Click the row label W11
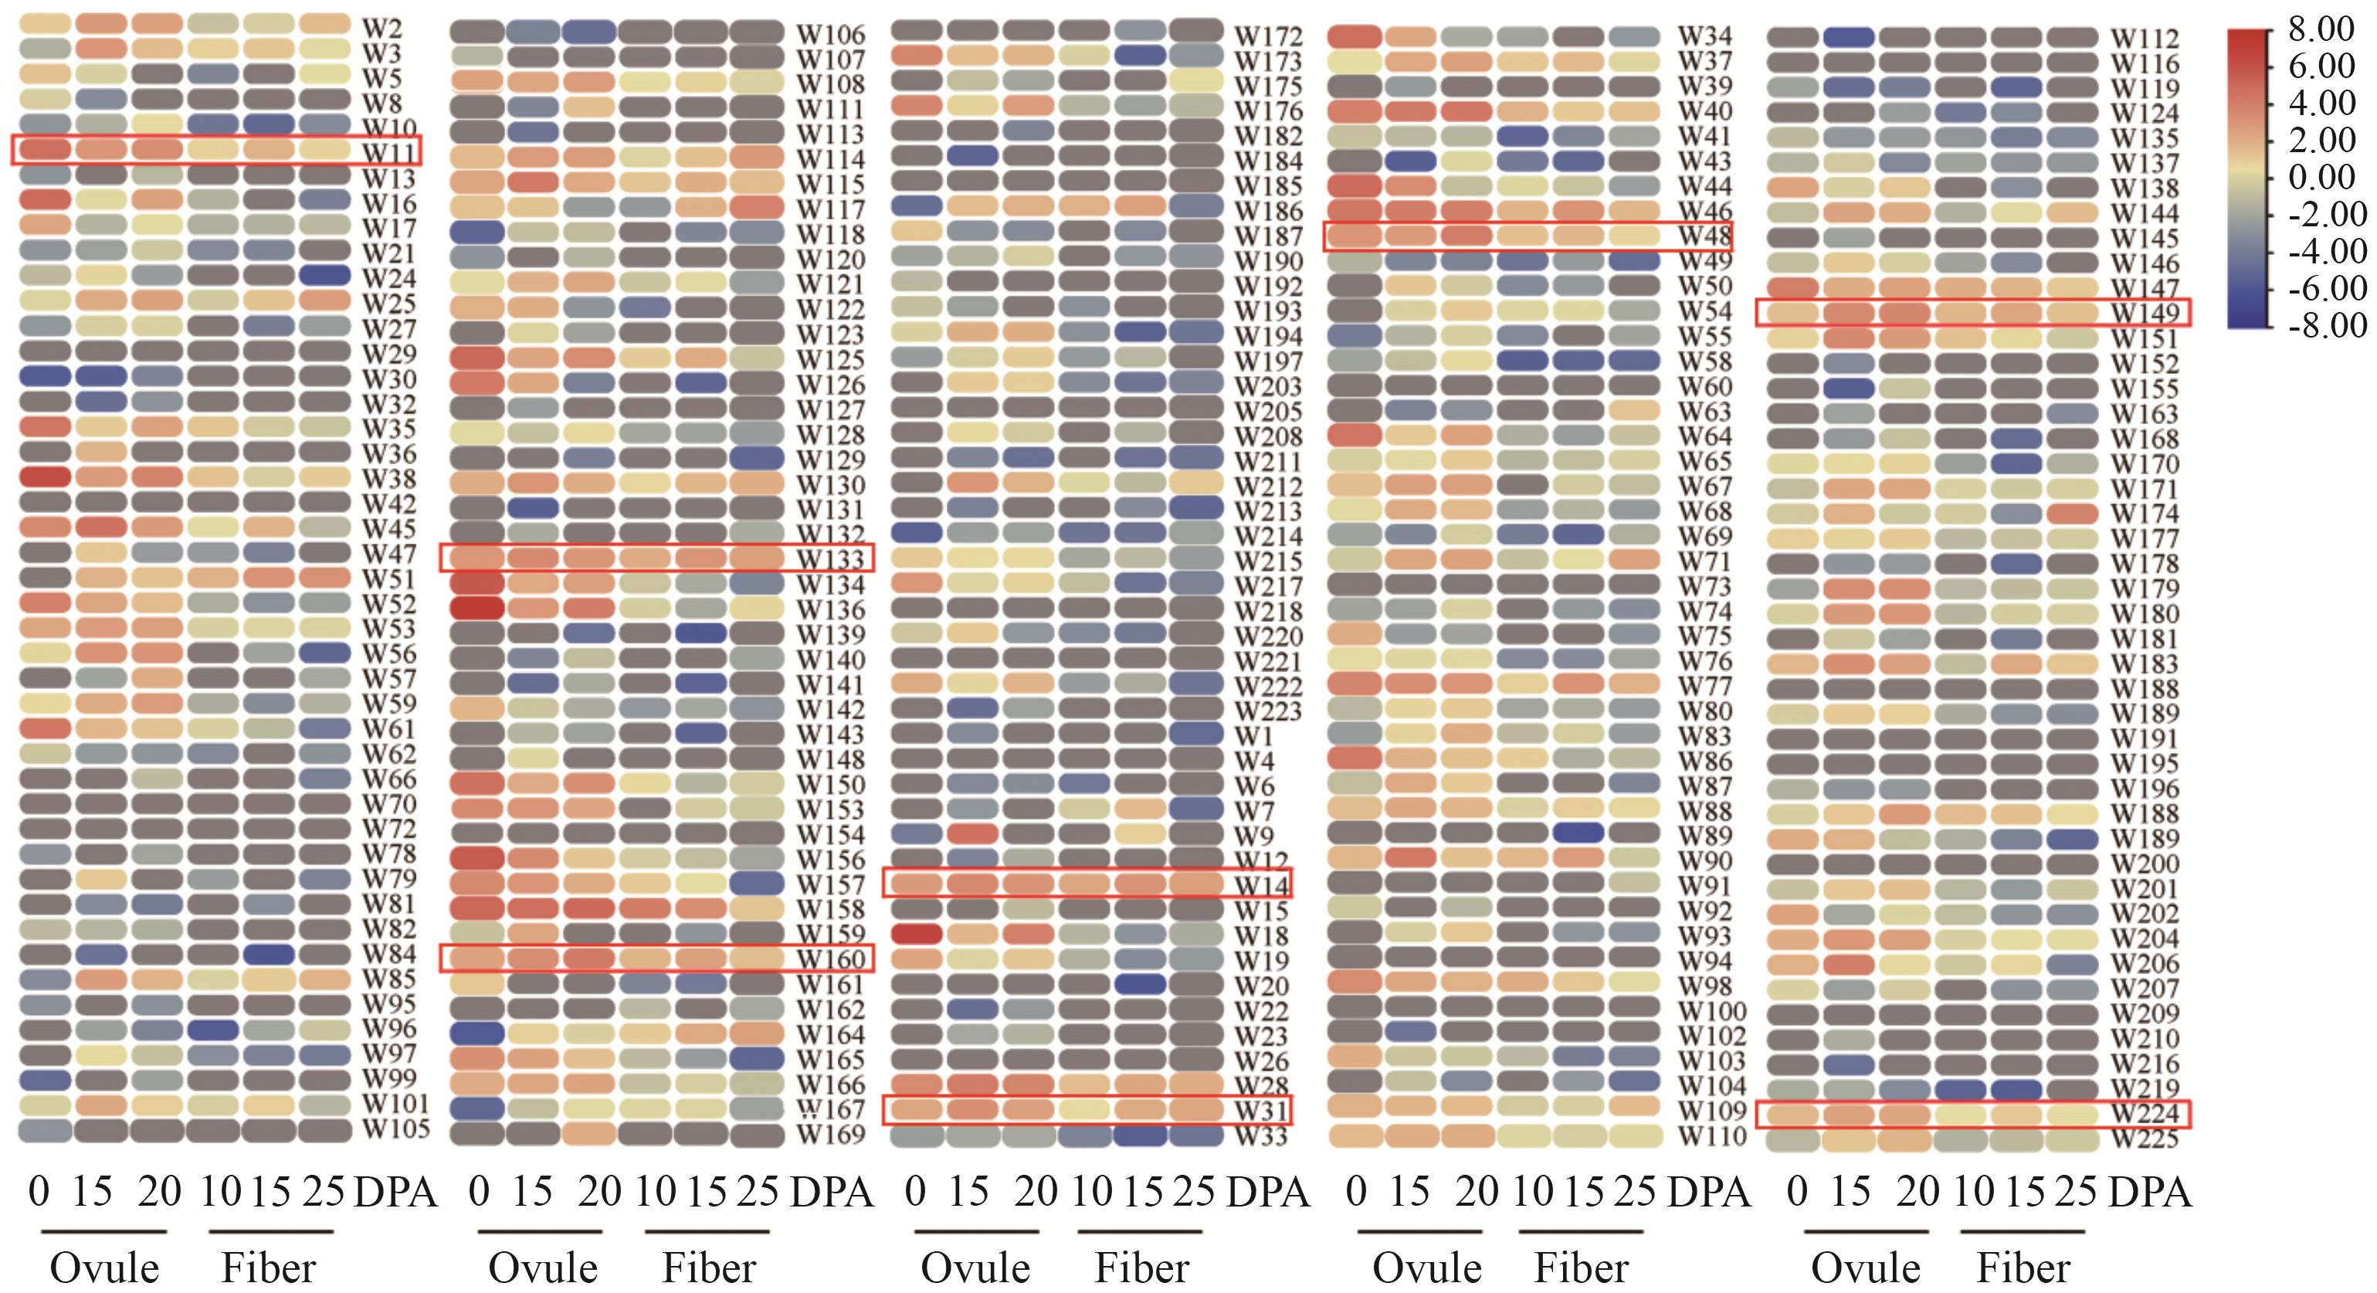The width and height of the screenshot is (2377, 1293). [x=388, y=151]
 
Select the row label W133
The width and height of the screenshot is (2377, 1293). [x=830, y=559]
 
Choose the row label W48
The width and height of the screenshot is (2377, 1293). [x=1704, y=236]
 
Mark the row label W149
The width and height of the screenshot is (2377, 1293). [x=2145, y=314]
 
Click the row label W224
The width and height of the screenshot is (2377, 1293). [x=2145, y=1114]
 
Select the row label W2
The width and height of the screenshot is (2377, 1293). [x=382, y=28]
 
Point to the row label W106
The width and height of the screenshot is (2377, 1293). [x=830, y=35]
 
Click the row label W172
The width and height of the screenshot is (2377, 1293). [x=1269, y=37]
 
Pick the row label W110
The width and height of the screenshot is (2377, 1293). [x=1711, y=1136]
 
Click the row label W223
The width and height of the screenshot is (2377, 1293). [x=1269, y=711]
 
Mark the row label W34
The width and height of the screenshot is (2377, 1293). [x=1704, y=37]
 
